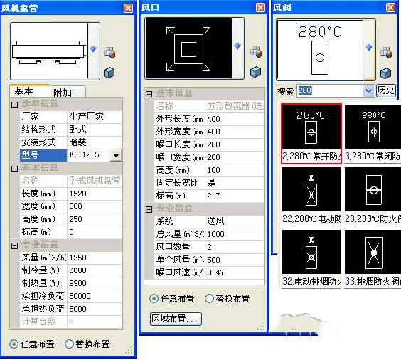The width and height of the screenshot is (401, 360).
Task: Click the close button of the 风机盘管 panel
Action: pyautogui.click(x=128, y=8)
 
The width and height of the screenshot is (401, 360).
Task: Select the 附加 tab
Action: pyautogui.click(x=68, y=92)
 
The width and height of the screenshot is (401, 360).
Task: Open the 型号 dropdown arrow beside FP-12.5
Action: pyautogui.click(x=116, y=154)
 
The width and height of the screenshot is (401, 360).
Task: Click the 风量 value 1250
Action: pyautogui.click(x=78, y=257)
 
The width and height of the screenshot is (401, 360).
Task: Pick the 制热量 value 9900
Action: pyautogui.click(x=77, y=282)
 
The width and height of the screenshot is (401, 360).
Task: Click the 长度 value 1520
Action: pyautogui.click(x=77, y=194)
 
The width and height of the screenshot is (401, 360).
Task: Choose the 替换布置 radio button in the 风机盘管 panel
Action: pyautogui.click(x=69, y=344)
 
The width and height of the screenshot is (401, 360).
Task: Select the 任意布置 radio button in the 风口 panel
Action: pyautogui.click(x=154, y=299)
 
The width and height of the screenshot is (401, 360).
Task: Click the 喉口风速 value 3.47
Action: pyautogui.click(x=215, y=272)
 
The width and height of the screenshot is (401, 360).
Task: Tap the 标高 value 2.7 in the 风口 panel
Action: pyautogui.click(x=213, y=195)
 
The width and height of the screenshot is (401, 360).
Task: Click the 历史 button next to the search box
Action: pyautogui.click(x=385, y=91)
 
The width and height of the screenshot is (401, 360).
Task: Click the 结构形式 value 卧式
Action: pyautogui.click(x=77, y=129)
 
